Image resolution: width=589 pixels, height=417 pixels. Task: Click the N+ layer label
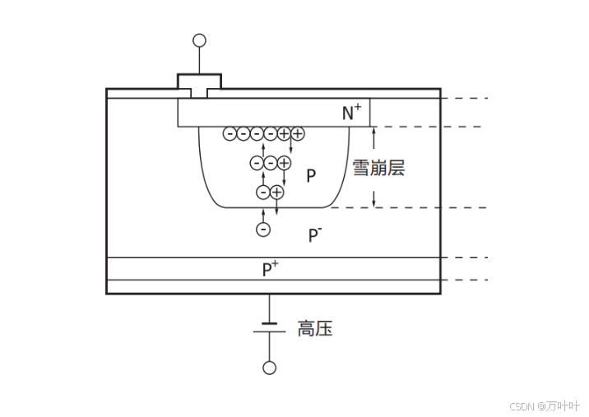click(352, 114)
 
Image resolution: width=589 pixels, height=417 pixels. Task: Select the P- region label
click(315, 236)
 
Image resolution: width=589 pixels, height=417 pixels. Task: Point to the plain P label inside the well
click(311, 175)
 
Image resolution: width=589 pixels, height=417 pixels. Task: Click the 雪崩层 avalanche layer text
click(378, 169)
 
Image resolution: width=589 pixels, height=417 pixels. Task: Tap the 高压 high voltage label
click(315, 330)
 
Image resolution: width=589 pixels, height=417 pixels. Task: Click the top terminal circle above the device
click(199, 39)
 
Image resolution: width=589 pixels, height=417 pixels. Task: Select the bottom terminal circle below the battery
click(269, 368)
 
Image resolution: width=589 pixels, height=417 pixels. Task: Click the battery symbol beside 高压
click(269, 328)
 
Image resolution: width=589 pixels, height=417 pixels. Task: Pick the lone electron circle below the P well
click(263, 229)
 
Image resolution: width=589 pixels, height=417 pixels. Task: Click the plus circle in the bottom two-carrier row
click(277, 192)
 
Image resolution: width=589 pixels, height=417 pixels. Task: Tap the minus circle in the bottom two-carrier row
click(263, 192)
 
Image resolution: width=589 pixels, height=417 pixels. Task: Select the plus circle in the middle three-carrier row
click(284, 163)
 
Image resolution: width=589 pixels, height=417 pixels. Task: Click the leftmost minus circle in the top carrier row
click(230, 133)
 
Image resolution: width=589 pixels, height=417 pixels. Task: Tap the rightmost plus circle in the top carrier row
click(297, 133)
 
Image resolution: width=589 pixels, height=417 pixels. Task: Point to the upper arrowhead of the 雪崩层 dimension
click(373, 130)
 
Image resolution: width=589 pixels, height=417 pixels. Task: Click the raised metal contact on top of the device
click(199, 82)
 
